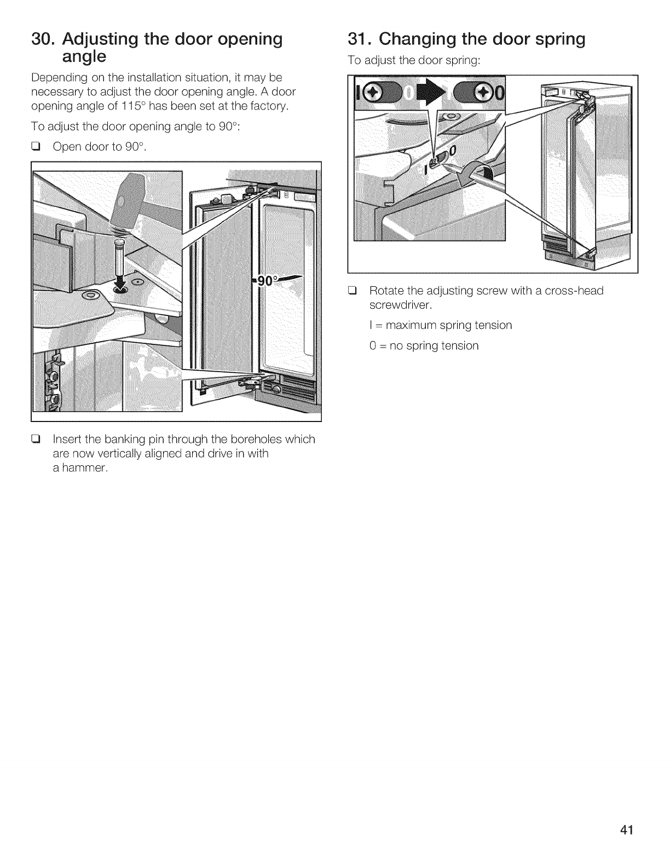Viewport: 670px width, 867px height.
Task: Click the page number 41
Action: (627, 830)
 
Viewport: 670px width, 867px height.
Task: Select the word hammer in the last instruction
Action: (81, 468)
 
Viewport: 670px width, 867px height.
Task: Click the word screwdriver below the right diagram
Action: (398, 304)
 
